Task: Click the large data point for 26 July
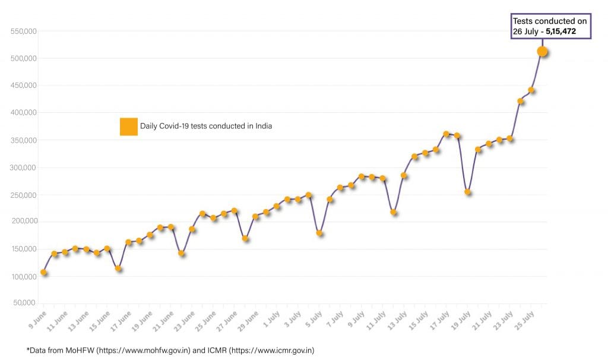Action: (542, 52)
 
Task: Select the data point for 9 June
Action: (44, 273)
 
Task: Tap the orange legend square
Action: (129, 127)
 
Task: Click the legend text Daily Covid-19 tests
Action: (205, 126)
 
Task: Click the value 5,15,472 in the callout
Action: (560, 31)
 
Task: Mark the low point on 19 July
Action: (468, 192)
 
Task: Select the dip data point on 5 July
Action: (319, 233)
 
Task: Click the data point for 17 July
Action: (446, 134)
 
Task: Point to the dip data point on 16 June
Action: (118, 269)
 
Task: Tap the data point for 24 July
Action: (521, 101)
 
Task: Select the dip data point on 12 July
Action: (394, 212)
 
